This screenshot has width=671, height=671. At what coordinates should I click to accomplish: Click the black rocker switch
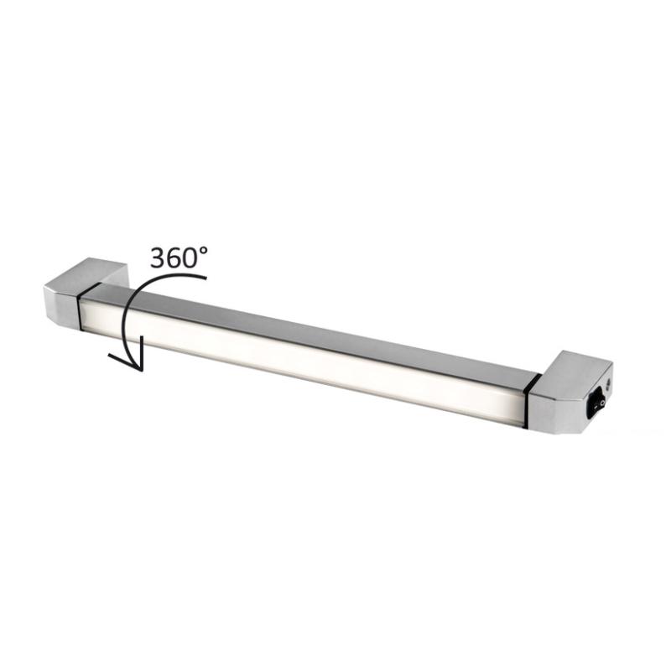(x=596, y=404)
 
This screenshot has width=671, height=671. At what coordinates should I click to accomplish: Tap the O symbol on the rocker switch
(x=601, y=403)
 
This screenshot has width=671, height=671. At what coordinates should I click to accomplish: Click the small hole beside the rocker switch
(x=607, y=380)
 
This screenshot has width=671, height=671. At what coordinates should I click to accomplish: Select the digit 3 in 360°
(x=159, y=258)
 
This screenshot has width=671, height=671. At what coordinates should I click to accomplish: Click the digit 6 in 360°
(x=175, y=258)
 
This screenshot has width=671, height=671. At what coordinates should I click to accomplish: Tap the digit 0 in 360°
(x=193, y=258)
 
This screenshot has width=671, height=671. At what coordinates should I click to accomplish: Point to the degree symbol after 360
(x=204, y=251)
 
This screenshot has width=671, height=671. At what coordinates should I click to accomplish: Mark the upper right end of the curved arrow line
(x=206, y=278)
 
